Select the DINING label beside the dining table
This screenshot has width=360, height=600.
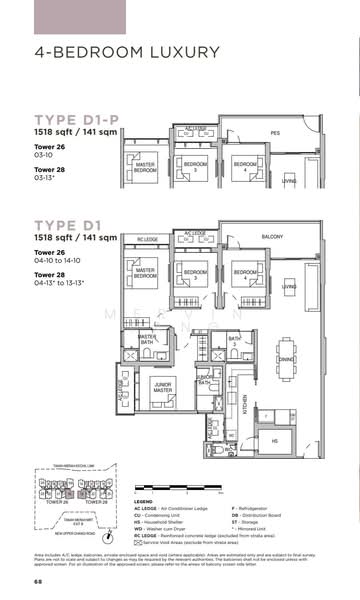(x=286, y=358)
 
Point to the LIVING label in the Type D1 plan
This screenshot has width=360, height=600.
(x=289, y=287)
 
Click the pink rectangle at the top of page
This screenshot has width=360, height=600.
(x=71, y=17)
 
